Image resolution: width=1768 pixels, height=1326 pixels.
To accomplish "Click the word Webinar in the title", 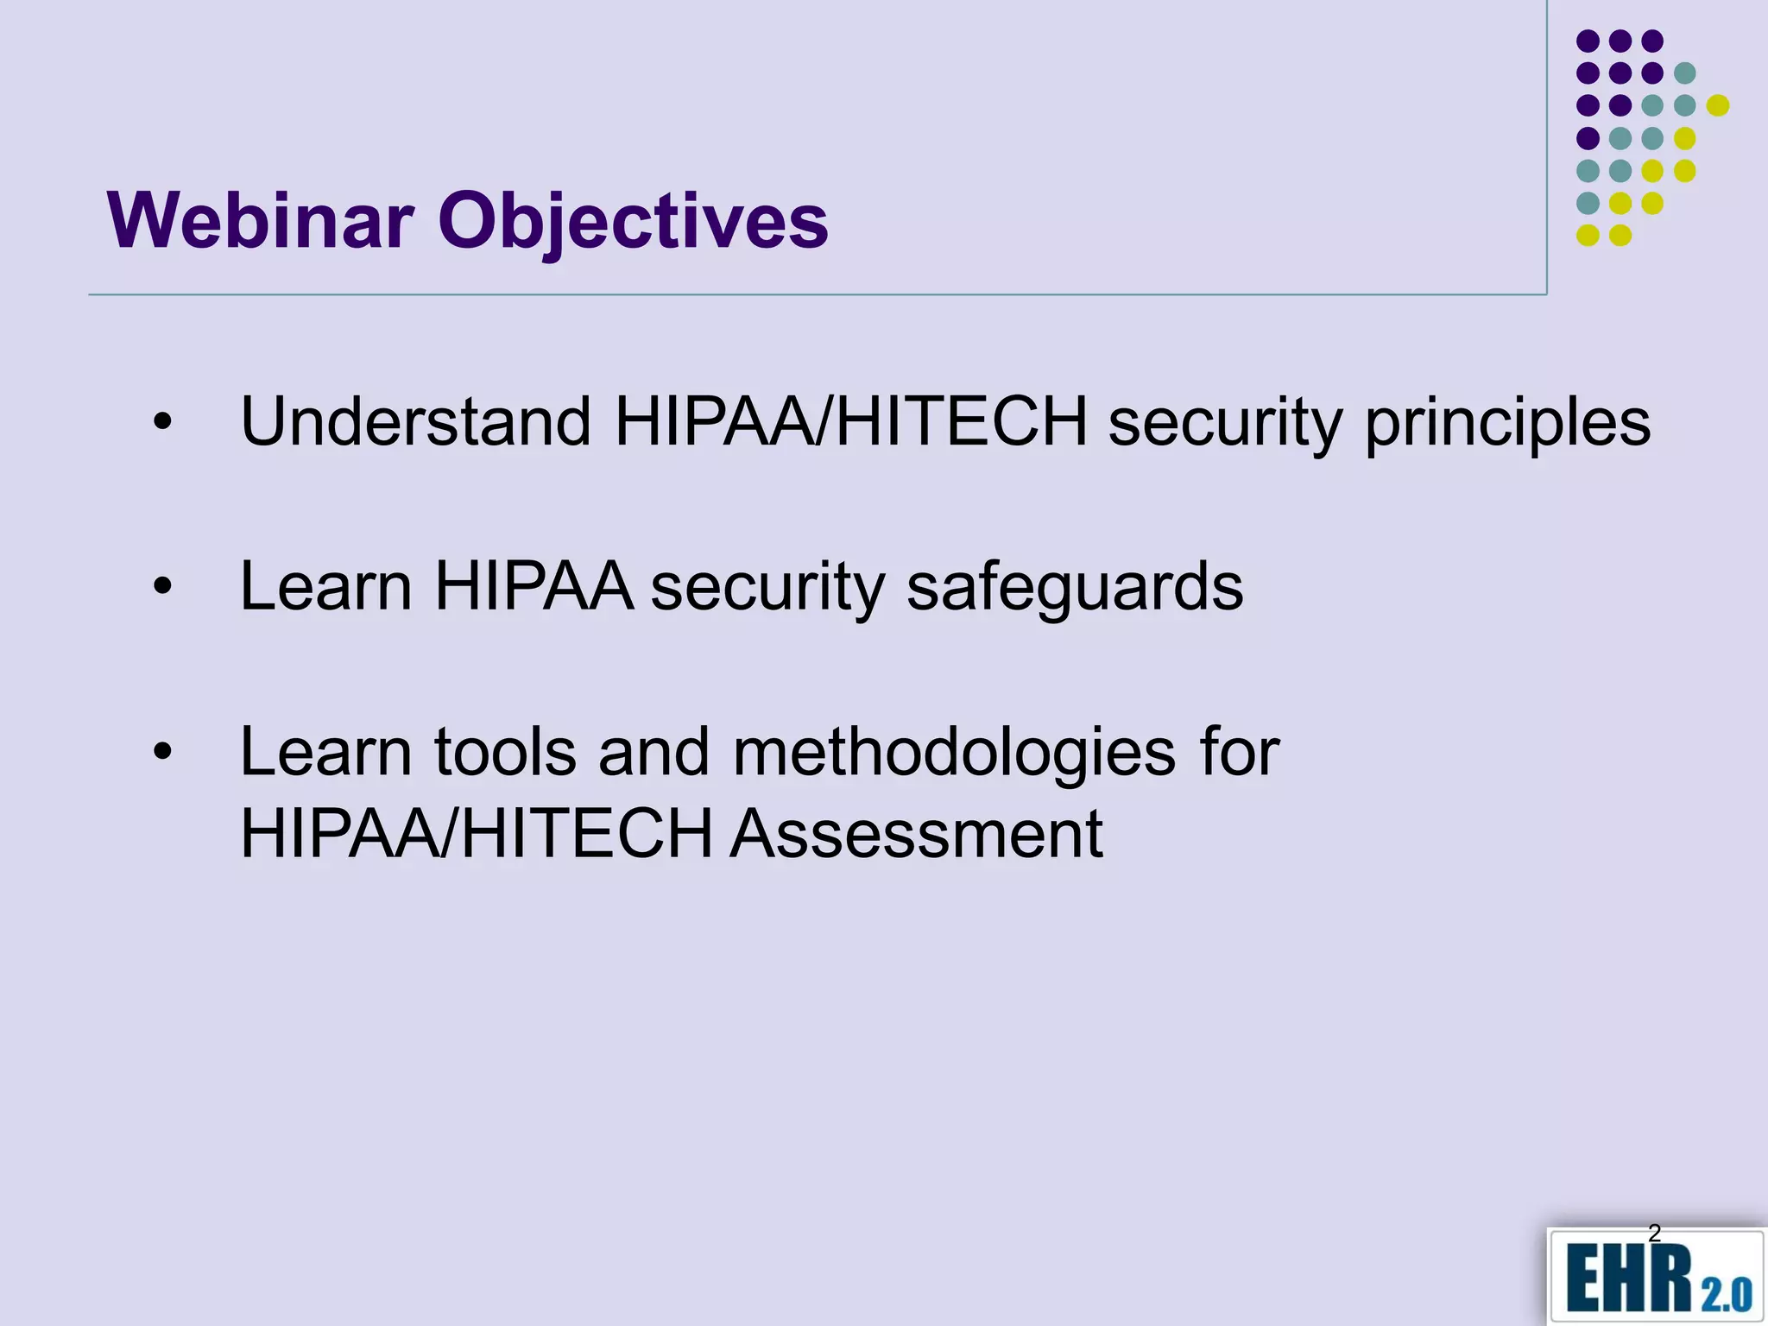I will (x=260, y=221).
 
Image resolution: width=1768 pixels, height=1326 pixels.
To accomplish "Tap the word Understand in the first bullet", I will (x=415, y=422).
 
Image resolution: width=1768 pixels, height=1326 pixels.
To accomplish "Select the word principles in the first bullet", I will (x=1507, y=422).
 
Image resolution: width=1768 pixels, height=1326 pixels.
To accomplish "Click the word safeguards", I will (x=1075, y=587).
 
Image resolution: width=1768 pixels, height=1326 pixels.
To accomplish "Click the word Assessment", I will (x=916, y=834).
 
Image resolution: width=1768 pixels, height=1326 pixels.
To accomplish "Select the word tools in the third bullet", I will (x=505, y=752).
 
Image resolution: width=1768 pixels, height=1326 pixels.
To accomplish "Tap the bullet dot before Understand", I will (x=162, y=422).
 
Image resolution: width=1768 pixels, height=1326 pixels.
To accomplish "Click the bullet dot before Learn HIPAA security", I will (x=162, y=587).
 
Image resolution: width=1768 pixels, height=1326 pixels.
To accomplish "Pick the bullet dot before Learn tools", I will (x=162, y=752).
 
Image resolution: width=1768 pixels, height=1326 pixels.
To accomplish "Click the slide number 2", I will (x=1654, y=1233).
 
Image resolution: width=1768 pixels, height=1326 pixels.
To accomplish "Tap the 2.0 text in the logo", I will (x=1727, y=1295).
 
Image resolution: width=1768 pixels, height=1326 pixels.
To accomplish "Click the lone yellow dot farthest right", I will (x=1718, y=105).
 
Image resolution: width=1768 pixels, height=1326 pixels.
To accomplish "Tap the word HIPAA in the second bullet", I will (x=534, y=587).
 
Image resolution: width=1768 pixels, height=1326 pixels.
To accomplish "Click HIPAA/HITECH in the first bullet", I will (x=850, y=422).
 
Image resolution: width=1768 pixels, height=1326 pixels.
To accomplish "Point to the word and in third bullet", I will (x=654, y=752).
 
